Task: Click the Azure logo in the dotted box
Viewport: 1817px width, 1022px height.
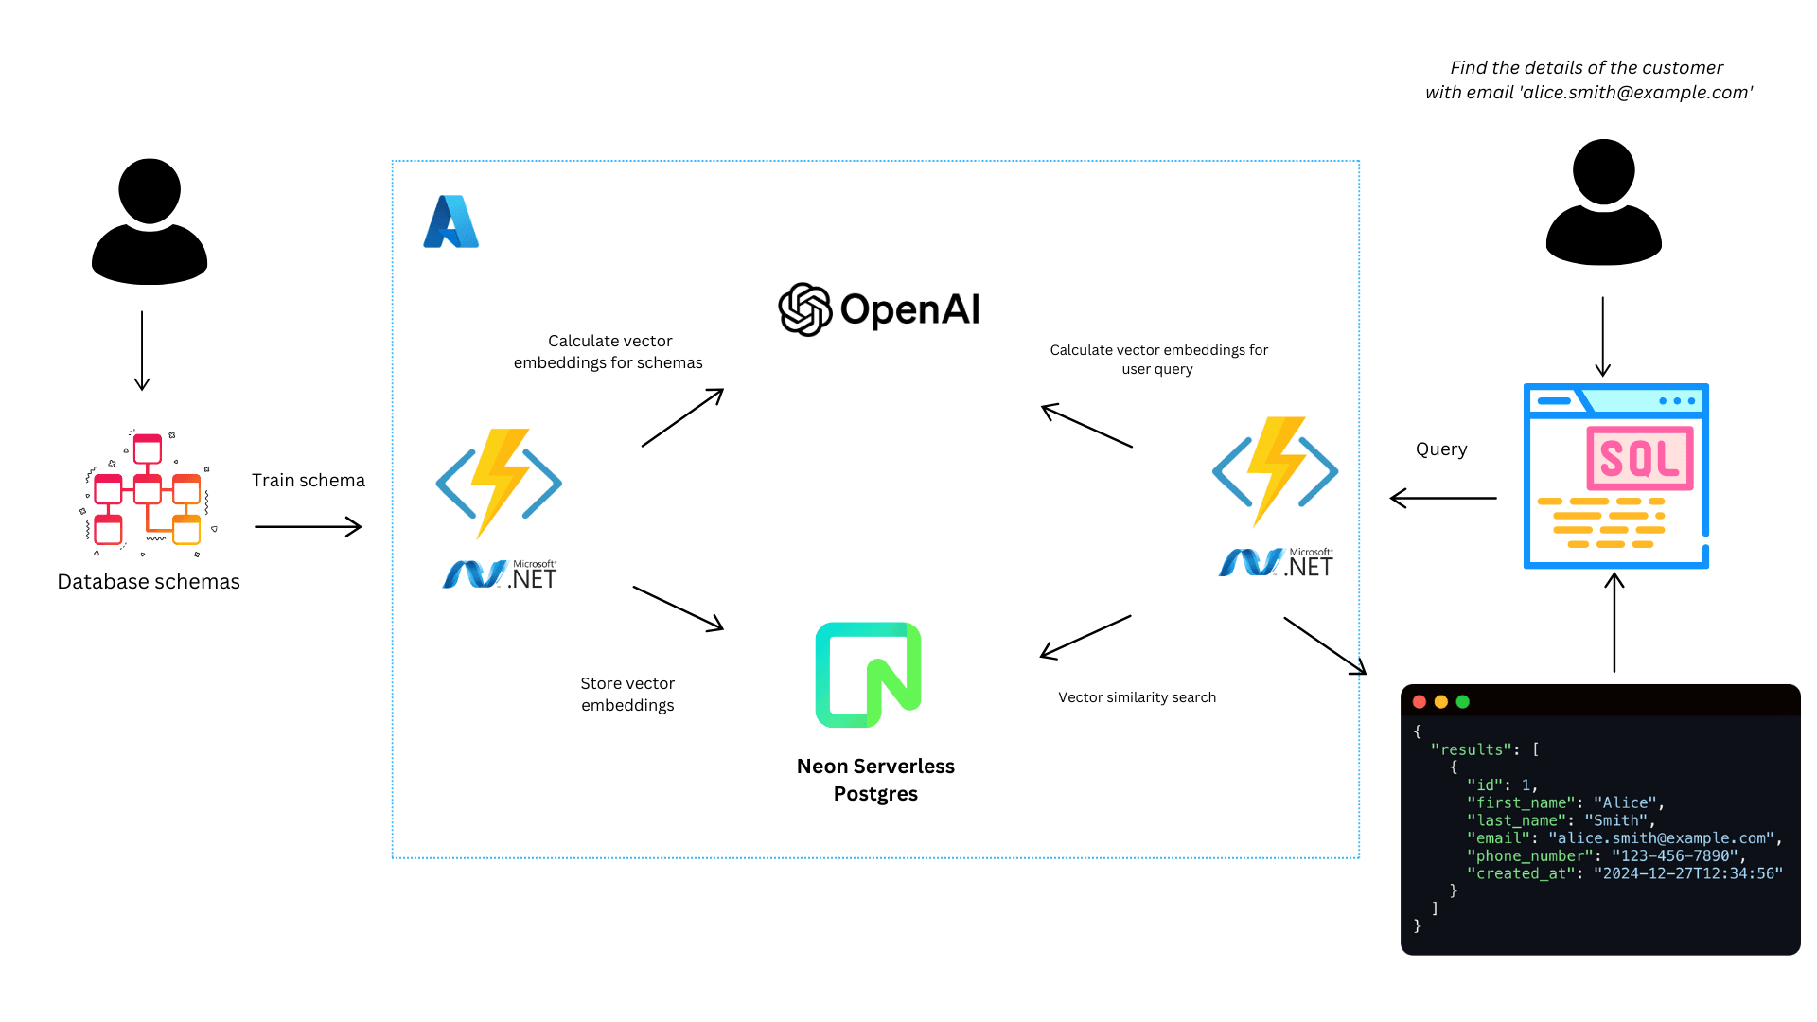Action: (x=450, y=222)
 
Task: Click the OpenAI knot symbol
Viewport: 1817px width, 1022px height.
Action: (x=804, y=309)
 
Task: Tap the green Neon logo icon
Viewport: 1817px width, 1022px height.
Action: (x=868, y=675)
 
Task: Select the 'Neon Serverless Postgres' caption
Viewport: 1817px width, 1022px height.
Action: (x=875, y=780)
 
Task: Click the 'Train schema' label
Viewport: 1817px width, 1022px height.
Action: (x=308, y=481)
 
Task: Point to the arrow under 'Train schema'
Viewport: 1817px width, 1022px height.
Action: (x=309, y=527)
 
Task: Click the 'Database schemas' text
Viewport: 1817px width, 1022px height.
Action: (x=149, y=582)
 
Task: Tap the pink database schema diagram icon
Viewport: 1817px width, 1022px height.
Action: (x=147, y=491)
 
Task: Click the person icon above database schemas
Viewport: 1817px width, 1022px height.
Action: (x=150, y=221)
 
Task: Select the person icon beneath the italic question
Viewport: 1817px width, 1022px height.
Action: (x=1603, y=203)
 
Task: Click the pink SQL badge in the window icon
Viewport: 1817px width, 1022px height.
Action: (x=1639, y=459)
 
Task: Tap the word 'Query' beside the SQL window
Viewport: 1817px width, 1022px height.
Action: (x=1441, y=449)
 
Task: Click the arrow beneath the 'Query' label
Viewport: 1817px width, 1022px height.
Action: (x=1443, y=498)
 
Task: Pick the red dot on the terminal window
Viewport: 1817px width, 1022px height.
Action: (x=1420, y=702)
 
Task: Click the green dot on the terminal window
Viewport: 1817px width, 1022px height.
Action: (x=1463, y=702)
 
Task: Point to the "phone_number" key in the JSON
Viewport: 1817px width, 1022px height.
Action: (x=1529, y=856)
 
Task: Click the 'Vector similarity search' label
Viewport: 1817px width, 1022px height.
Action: (x=1137, y=697)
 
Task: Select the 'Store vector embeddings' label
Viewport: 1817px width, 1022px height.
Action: (x=627, y=695)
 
